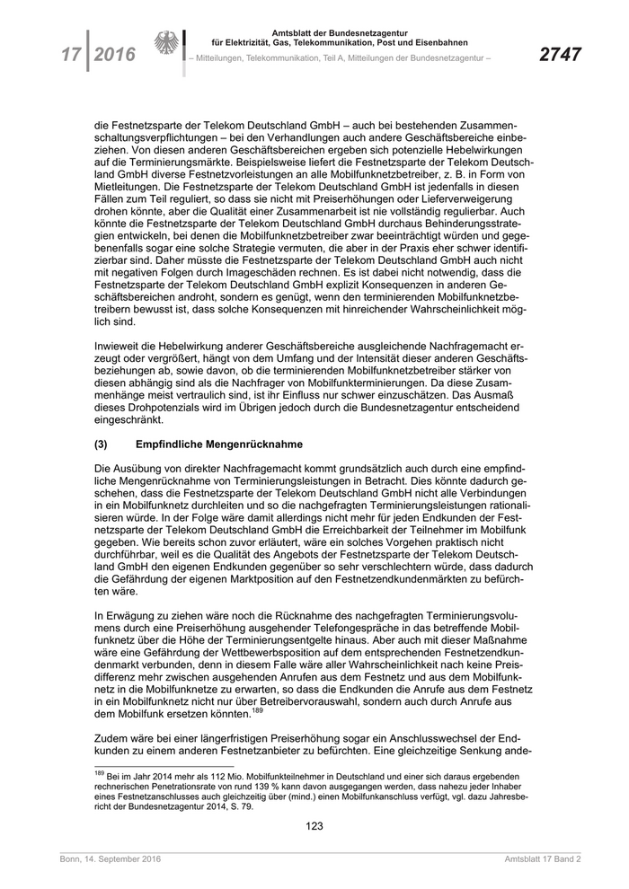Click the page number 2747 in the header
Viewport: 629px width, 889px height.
click(559, 55)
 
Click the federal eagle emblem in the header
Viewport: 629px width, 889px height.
click(167, 46)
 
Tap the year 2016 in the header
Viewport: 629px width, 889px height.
click(114, 56)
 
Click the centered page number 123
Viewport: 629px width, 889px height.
click(314, 826)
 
